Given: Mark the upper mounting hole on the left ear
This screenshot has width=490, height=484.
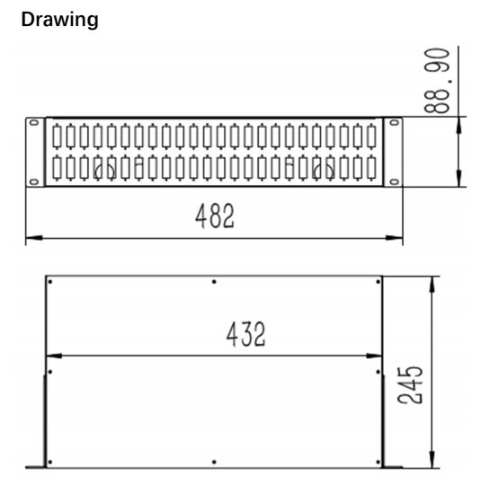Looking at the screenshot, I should (34, 123).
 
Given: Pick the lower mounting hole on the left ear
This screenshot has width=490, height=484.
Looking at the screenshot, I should (34, 181).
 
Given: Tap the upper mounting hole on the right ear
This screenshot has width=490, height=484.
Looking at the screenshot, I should (393, 123).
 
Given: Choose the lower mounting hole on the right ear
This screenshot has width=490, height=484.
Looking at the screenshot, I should (393, 181).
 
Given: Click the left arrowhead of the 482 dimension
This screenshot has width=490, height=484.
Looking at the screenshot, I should (29, 238).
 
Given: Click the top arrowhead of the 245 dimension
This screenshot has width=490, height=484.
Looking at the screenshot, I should (433, 281).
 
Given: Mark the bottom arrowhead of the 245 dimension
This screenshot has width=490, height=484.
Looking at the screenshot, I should (433, 462).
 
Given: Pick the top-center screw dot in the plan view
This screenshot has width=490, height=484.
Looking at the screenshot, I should (213, 282).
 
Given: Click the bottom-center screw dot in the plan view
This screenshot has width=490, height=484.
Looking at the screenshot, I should (213, 462).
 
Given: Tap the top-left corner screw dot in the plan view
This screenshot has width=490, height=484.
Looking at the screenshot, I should (50, 282).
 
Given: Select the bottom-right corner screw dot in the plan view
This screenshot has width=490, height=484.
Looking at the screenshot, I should (378, 462).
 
